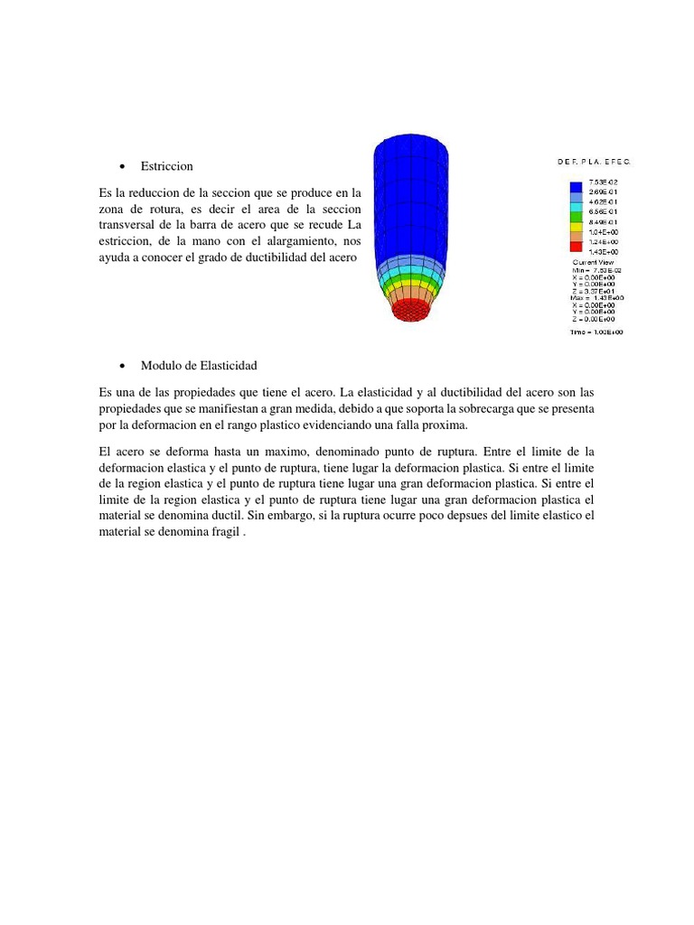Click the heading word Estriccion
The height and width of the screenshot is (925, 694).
pyautogui.click(x=166, y=166)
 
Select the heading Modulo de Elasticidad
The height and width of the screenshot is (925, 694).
pyautogui.click(x=199, y=365)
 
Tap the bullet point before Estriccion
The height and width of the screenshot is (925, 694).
pyautogui.click(x=121, y=167)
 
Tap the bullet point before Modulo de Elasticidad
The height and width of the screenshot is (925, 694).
pyautogui.click(x=121, y=366)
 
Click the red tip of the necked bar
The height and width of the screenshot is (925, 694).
pyautogui.click(x=411, y=310)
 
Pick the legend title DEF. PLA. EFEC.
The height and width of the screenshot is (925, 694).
pyautogui.click(x=594, y=162)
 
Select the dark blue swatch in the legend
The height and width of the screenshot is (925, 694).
pyautogui.click(x=576, y=187)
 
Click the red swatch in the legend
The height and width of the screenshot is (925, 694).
pyautogui.click(x=576, y=246)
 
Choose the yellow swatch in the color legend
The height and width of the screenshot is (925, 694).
pyautogui.click(x=576, y=226)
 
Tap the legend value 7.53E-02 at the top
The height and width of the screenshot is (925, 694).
pyautogui.click(x=603, y=182)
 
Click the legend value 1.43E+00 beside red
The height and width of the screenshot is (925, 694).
pyautogui.click(x=603, y=251)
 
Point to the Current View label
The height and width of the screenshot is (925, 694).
pyautogui.click(x=594, y=262)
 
